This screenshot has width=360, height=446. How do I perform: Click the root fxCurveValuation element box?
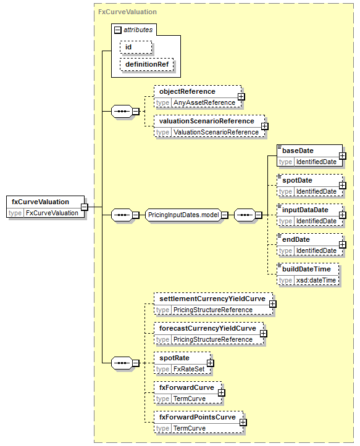pos(45,207)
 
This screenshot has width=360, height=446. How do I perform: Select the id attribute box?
pos(136,47)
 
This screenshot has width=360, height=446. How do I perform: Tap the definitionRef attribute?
pos(147,65)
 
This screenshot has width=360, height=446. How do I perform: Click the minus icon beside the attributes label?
pos(117,30)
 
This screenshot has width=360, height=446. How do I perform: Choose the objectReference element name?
pos(187,91)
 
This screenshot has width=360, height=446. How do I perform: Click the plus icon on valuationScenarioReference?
pos(264,126)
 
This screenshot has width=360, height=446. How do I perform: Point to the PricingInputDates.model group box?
pos(183,215)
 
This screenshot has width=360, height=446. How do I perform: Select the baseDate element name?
pos(298,151)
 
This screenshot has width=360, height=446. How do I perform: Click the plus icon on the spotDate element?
pos(342,186)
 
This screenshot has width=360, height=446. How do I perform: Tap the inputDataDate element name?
pos(305,210)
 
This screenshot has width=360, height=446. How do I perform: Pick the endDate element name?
pos(296,239)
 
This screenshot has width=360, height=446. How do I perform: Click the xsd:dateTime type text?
pos(316,280)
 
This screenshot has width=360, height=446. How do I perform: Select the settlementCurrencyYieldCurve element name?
pos(212,299)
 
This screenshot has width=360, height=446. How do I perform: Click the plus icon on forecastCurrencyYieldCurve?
pos(264,333)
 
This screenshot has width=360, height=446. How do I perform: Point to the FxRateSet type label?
pos(189,369)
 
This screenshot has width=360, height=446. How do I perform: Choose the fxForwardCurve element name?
pos(186,387)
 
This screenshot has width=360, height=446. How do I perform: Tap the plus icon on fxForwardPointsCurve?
pos(243,423)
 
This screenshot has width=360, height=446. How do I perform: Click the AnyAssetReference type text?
pos(204,102)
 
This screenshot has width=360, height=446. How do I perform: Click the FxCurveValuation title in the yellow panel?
pos(127,12)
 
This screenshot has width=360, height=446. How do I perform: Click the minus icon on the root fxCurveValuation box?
pos(85,207)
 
